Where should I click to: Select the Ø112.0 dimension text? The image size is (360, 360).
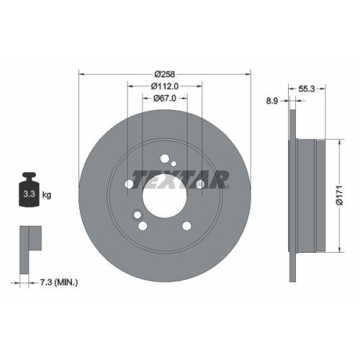(164, 86)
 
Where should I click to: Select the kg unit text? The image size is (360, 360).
(48, 194)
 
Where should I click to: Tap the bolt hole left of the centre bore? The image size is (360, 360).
(130, 184)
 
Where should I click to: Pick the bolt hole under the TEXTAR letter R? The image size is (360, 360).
(199, 184)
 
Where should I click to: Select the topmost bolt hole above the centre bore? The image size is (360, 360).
(165, 159)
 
